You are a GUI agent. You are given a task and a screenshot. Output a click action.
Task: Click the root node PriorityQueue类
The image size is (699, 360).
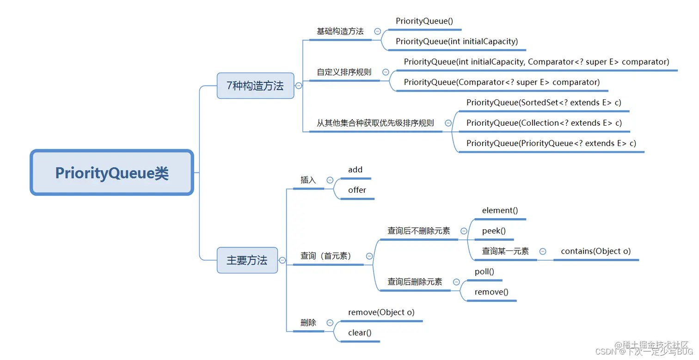[x=112, y=173]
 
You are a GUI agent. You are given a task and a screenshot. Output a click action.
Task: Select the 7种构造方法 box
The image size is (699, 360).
[x=255, y=85]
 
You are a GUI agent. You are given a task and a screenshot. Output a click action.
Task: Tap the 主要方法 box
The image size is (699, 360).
[x=247, y=260]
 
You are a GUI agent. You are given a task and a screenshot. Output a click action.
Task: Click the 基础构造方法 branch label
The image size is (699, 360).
[x=340, y=31]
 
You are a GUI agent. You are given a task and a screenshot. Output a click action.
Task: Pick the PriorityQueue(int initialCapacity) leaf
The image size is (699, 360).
[x=457, y=42]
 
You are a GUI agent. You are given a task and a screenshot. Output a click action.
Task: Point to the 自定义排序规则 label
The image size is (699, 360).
[x=344, y=72]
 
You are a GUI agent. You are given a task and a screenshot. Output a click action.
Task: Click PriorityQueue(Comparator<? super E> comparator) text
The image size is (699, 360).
[x=502, y=82]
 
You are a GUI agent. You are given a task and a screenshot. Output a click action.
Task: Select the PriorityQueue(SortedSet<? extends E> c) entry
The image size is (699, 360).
[x=544, y=103]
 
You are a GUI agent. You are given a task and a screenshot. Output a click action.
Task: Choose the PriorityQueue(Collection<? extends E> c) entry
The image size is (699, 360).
[x=544, y=123]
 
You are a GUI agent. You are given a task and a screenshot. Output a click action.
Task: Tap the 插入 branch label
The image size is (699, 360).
[x=308, y=180]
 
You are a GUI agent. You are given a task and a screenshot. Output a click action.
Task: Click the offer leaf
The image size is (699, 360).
[x=357, y=190]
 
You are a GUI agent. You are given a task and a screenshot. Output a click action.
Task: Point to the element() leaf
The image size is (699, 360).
[x=500, y=211]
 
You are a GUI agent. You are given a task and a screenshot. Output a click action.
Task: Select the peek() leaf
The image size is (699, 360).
[x=494, y=231]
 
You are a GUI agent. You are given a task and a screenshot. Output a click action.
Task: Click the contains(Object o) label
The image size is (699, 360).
[x=595, y=251]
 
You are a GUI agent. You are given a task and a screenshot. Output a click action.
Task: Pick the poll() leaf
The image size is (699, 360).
[x=484, y=272]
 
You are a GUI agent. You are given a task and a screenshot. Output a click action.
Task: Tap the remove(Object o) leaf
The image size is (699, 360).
[x=381, y=312]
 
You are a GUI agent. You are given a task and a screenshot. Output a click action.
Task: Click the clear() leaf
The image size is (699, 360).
[x=360, y=333]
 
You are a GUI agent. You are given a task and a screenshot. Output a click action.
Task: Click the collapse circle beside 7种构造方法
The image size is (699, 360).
[x=299, y=85]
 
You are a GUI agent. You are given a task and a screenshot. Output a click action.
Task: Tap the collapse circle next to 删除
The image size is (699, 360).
[x=330, y=323]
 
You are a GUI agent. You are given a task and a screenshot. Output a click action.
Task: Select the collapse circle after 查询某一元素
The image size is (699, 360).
[x=543, y=251]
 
